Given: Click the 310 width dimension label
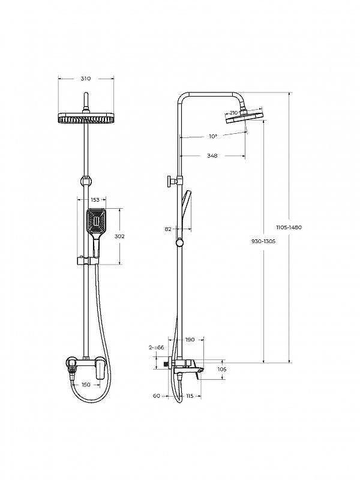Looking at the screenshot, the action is (x=86, y=79).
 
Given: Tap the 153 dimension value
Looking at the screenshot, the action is (x=95, y=200).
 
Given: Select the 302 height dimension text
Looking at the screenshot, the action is (x=119, y=236).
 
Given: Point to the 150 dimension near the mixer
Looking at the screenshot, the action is (x=86, y=385).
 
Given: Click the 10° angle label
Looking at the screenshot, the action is (x=214, y=137).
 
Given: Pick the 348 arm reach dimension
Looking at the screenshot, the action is (x=212, y=155).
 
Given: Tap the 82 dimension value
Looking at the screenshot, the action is (x=168, y=229).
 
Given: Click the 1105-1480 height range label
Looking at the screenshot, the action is (x=289, y=227).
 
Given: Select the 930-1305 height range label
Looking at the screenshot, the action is (x=263, y=241).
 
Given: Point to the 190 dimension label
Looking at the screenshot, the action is (x=190, y=340).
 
